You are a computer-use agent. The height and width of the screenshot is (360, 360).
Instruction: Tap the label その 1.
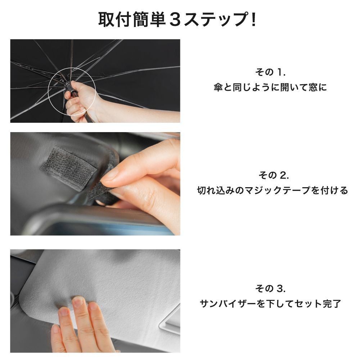[270, 72]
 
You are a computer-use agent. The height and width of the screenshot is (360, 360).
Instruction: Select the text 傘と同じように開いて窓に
[270, 87]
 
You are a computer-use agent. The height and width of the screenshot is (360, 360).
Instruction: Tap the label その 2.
[273, 175]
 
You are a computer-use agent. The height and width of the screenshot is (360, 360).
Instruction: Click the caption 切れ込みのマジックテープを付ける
[273, 190]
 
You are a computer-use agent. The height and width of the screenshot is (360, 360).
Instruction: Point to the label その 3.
[270, 288]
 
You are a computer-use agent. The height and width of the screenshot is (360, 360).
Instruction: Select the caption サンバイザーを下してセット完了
[270, 304]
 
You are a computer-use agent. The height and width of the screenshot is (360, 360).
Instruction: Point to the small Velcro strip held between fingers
[99, 191]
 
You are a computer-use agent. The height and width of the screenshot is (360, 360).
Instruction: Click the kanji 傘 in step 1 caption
[218, 87]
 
